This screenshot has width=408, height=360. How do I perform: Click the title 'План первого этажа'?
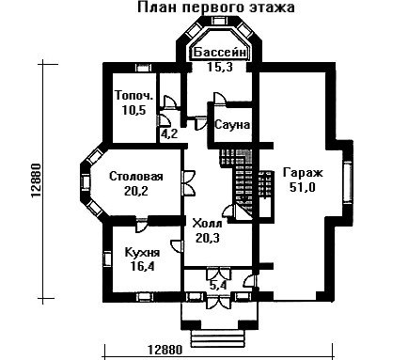coord(216,8)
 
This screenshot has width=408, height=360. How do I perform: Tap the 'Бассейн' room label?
coord(219,53)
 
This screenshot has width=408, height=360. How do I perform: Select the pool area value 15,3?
coord(220,67)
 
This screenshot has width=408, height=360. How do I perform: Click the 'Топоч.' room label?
coord(134,95)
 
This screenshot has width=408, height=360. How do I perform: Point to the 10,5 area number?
coord(133,110)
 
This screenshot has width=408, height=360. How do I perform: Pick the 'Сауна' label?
coord(232,125)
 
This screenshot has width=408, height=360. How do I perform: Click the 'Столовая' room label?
coord(136,176)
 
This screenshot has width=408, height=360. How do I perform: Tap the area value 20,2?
coord(136,191)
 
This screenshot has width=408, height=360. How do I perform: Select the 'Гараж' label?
coord(303,173)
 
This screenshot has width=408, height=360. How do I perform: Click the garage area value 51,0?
coord(303,187)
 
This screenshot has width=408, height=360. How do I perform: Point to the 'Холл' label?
coord(207,224)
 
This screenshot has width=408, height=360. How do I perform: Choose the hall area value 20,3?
coord(207,238)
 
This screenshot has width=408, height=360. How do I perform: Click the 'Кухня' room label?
coord(142,252)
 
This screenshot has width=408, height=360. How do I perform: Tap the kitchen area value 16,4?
coord(142,267)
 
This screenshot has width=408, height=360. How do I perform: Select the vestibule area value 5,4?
coord(220,285)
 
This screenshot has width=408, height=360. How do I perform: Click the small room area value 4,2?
coord(169,134)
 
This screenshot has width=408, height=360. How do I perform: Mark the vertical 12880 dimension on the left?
coord(37,180)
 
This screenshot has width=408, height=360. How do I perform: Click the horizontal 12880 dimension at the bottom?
coord(165,350)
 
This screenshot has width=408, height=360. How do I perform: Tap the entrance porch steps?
coord(217,338)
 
